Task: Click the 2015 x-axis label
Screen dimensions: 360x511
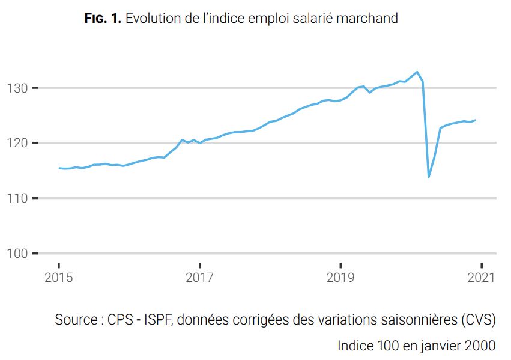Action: pyautogui.click(x=58, y=278)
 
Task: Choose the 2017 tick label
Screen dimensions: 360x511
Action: pyautogui.click(x=199, y=278)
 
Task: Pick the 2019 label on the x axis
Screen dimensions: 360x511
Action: pyautogui.click(x=340, y=278)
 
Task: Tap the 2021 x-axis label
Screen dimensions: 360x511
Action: pyautogui.click(x=481, y=278)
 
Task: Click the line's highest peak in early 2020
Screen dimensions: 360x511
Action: pyautogui.click(x=417, y=72)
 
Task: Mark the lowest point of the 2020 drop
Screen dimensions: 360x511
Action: pyautogui.click(x=428, y=177)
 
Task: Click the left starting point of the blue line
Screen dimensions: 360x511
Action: pyautogui.click(x=59, y=168)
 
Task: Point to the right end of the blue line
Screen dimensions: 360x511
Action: pyautogui.click(x=476, y=120)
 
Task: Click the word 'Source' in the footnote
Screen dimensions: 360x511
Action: pyautogui.click(x=76, y=320)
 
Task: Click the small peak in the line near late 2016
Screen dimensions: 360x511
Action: pyautogui.click(x=182, y=140)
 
